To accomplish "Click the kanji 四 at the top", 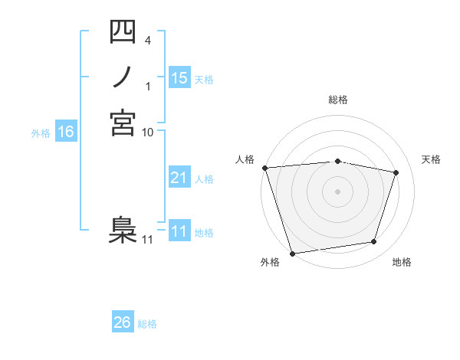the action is [x=122, y=32].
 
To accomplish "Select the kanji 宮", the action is [x=122, y=123].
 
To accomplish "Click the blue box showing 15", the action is [x=179, y=78].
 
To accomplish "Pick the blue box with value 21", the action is [x=179, y=178].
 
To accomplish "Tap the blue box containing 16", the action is [x=66, y=132].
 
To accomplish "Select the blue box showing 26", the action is [x=123, y=322].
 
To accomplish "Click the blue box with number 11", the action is [x=179, y=231].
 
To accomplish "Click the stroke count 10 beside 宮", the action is [x=147, y=132].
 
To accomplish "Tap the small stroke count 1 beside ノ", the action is [x=148, y=86].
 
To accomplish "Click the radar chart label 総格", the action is [x=337, y=100].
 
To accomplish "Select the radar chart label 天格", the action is [x=431, y=159].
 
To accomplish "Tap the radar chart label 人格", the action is [x=245, y=159].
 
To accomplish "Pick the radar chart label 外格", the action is [x=269, y=263].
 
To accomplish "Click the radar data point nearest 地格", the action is [x=374, y=242].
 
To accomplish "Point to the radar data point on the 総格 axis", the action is [x=337, y=161].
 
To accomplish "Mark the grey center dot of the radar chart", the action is [x=337, y=191].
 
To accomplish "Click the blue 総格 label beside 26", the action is [x=147, y=324].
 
